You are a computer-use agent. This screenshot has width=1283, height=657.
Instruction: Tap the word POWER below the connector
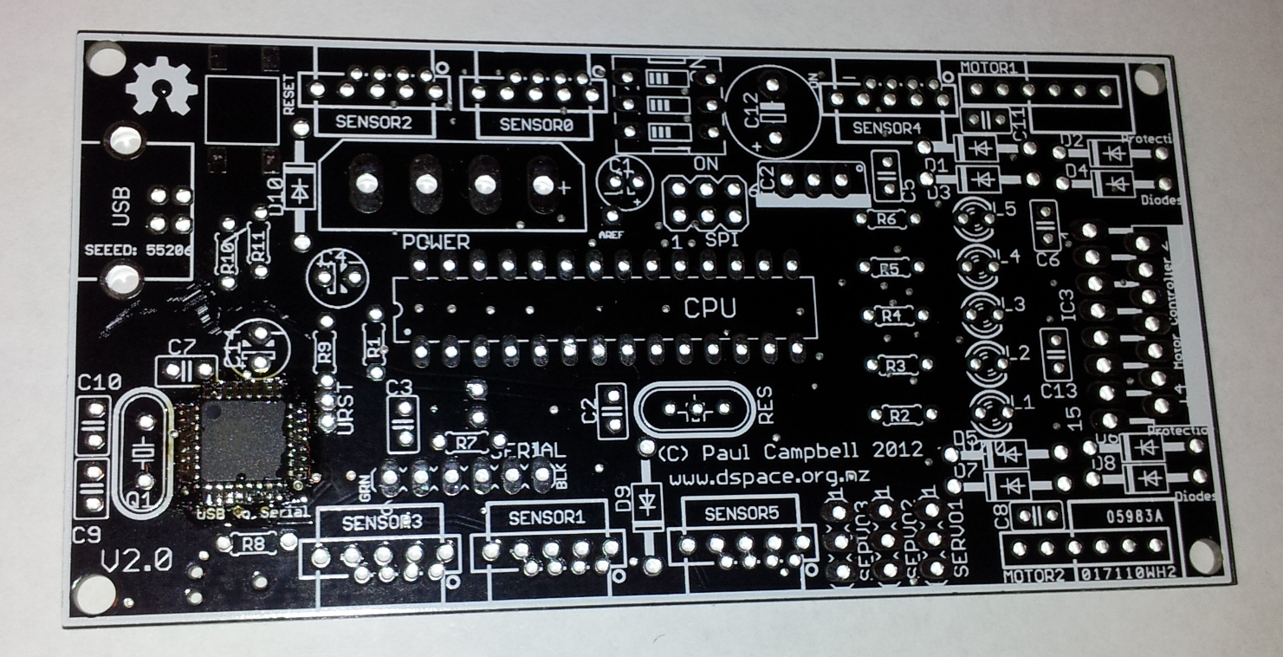[436, 242]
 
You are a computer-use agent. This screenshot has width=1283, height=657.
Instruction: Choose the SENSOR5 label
[742, 512]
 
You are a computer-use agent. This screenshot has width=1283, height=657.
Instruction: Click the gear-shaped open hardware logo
[159, 87]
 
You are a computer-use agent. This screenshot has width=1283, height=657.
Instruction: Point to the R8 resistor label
[255, 544]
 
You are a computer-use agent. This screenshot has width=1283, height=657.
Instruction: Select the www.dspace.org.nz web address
[770, 477]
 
